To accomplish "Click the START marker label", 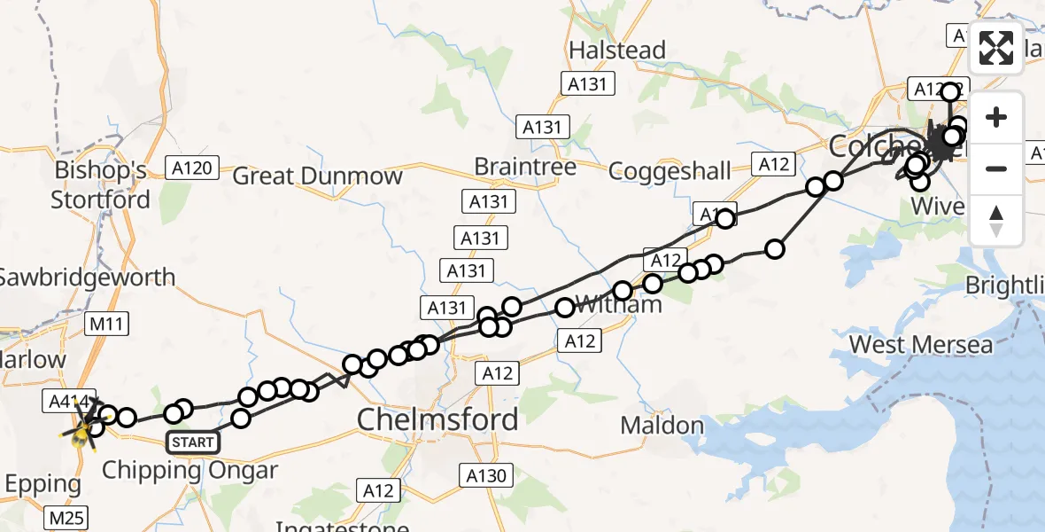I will (x=193, y=442).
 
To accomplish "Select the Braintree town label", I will (x=524, y=167).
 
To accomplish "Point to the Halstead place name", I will (x=617, y=51).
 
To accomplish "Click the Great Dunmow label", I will (x=317, y=176).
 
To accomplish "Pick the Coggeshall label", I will (x=670, y=170).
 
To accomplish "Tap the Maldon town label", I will (x=662, y=426).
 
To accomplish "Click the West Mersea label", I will (x=921, y=344).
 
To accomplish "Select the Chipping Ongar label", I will (x=190, y=470).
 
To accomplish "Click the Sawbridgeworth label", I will (x=87, y=278).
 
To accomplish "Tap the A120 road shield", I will (x=192, y=168).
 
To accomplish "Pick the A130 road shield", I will (x=488, y=476).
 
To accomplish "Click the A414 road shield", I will (x=63, y=402).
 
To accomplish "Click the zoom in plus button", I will (x=996, y=117).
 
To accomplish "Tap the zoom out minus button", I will (x=996, y=168).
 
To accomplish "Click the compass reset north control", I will (x=996, y=220).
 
